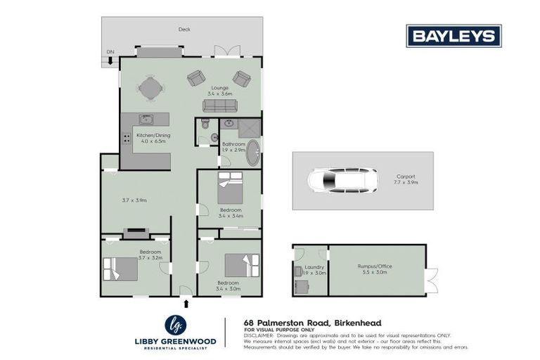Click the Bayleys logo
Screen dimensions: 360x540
(454, 36)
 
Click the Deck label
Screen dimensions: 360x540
(184, 30)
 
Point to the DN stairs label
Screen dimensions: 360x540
(110, 53)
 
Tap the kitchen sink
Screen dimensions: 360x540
(147, 120)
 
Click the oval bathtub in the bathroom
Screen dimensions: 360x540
(252, 153)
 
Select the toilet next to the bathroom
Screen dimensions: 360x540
(204, 126)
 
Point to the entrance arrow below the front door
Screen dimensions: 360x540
(186, 304)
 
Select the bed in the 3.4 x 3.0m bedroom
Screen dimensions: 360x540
(238, 266)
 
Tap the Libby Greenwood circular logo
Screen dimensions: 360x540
(175, 325)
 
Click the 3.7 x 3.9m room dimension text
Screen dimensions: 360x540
(134, 200)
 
